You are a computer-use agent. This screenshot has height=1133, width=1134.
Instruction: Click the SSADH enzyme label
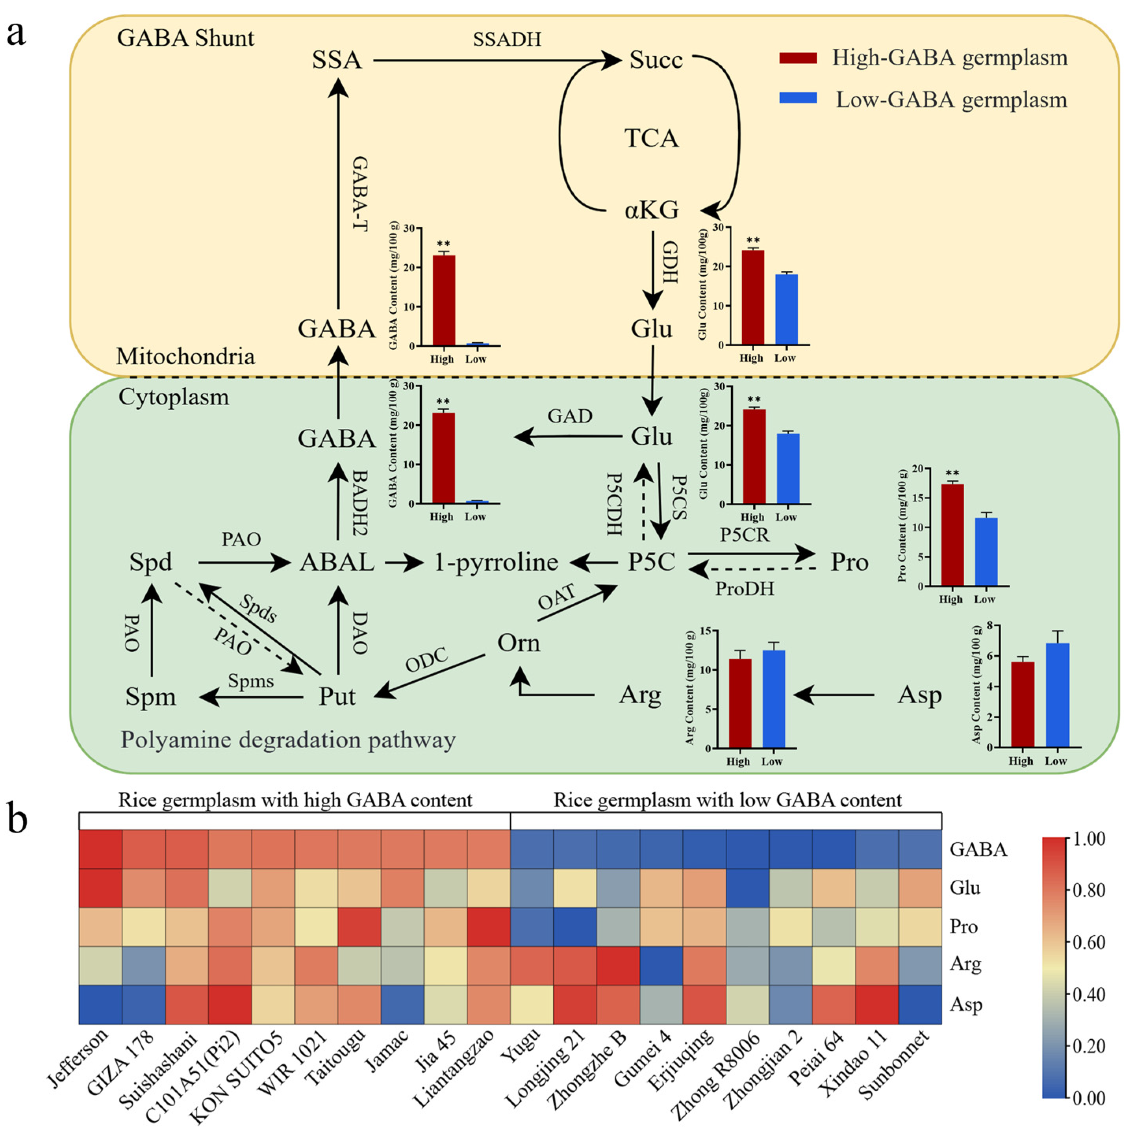(x=506, y=39)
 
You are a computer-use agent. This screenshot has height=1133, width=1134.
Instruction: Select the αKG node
(x=651, y=210)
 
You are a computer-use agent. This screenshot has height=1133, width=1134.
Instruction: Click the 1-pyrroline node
(x=496, y=562)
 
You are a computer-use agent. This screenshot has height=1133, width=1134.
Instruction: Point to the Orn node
(x=518, y=643)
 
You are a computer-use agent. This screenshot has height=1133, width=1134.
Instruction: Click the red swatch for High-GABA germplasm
(x=798, y=57)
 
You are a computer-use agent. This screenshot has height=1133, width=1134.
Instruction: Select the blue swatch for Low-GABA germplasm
(x=798, y=98)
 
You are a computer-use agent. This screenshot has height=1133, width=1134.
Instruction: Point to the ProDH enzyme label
(x=744, y=588)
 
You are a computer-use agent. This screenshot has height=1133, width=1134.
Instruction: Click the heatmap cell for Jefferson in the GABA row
(x=101, y=849)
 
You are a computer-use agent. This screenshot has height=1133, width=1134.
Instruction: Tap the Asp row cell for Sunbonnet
(x=920, y=1005)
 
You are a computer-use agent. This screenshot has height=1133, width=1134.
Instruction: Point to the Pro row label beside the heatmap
(x=963, y=926)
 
